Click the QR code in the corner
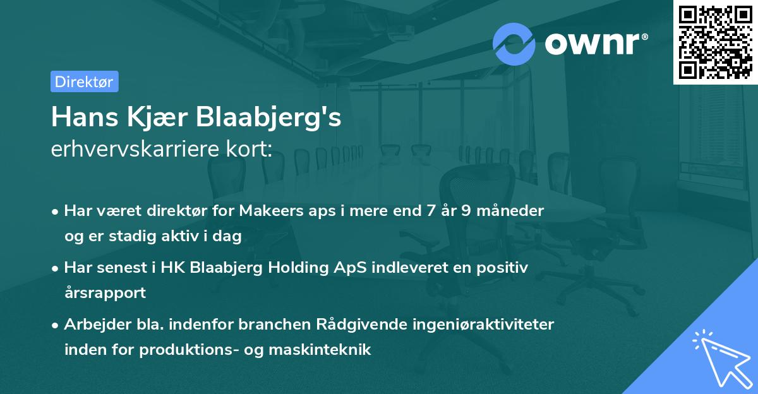[715, 42]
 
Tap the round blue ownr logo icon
[514, 44]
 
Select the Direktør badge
[84, 81]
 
